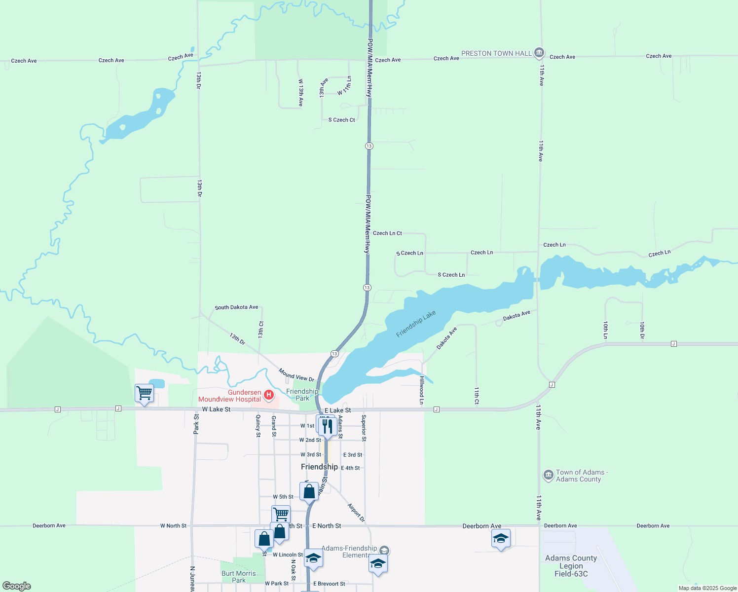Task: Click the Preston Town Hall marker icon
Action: coord(539,52)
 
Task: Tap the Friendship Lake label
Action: coord(416,324)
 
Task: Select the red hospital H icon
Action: coord(269,395)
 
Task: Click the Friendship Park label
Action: coord(302,395)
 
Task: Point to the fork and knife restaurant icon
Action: coord(328,426)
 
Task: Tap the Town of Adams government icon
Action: coord(548,475)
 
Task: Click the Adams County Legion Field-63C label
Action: coord(571,566)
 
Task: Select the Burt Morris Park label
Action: coord(239,577)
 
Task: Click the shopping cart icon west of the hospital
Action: coord(144,393)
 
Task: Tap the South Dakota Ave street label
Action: coord(236,307)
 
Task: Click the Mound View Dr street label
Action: coord(296,374)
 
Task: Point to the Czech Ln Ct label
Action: coord(387,233)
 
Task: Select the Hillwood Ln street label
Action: coord(422,390)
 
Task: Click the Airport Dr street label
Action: coord(356,513)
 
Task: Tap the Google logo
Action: coord(17,586)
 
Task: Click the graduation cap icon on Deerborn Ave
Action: coord(501,538)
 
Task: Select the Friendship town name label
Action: coord(319,467)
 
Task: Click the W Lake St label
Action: coord(216,409)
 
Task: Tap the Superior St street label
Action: coord(364,428)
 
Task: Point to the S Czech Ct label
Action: coord(341,120)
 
